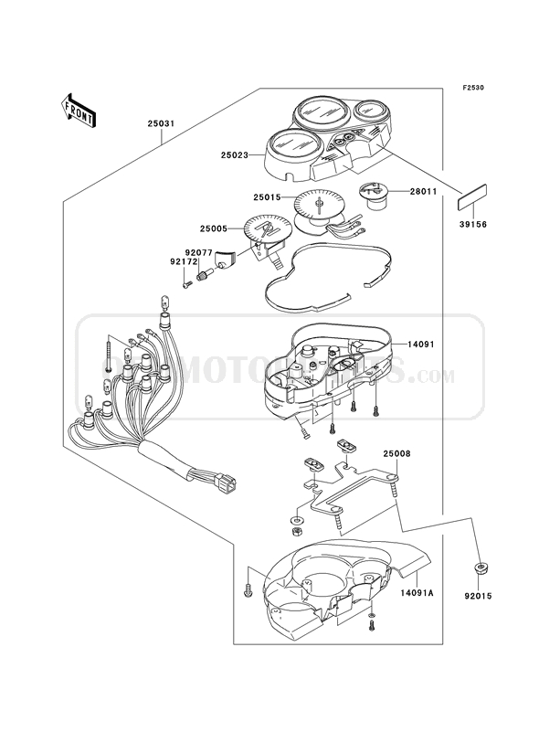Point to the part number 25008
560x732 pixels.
tap(396, 452)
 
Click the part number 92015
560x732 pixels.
tap(478, 600)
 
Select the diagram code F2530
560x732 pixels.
tap(472, 88)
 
